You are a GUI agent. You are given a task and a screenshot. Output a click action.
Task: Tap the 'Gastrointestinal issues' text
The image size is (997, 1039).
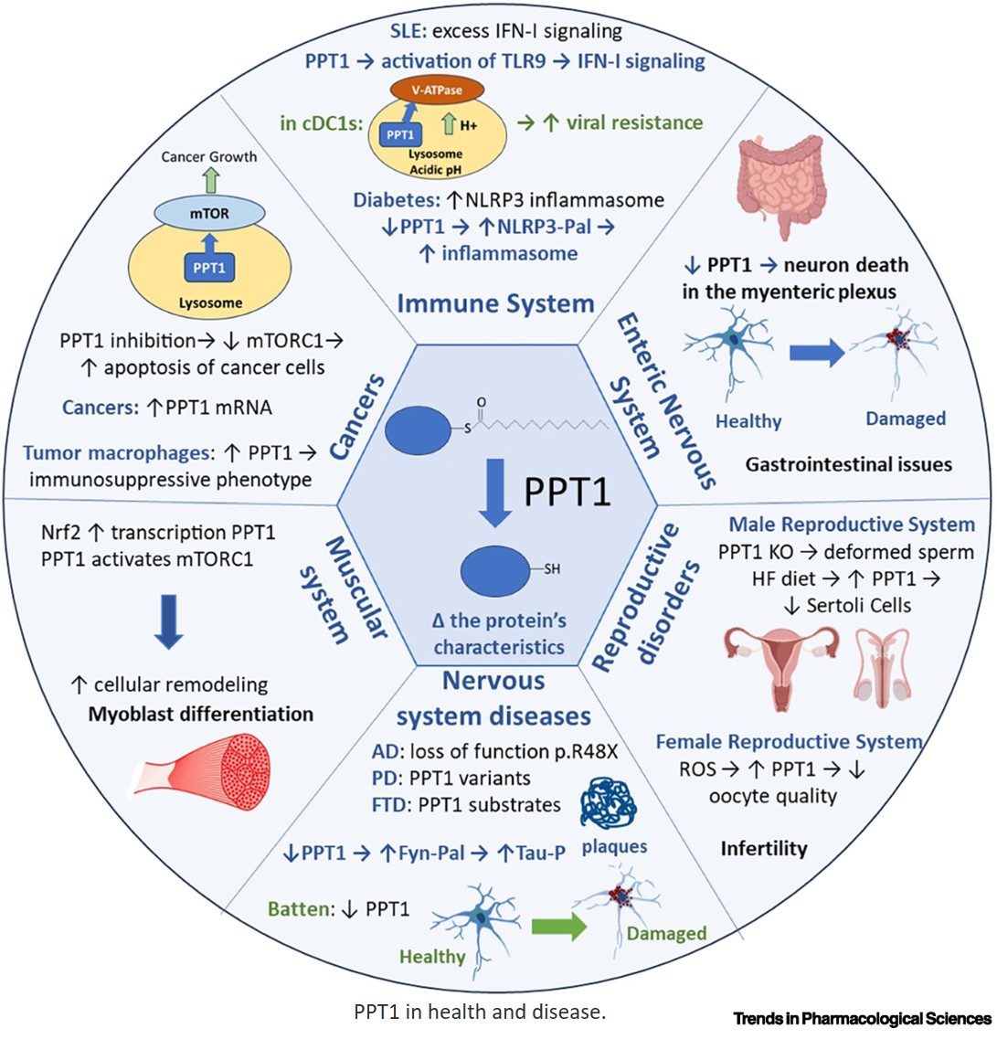tap(848, 465)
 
